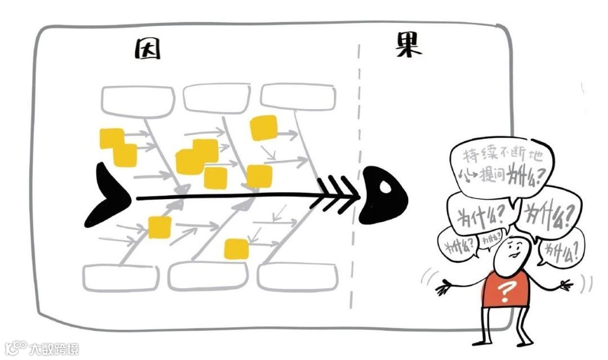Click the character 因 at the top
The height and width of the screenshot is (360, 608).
pyautogui.click(x=147, y=49)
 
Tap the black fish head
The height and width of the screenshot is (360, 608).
pyautogui.click(x=384, y=195)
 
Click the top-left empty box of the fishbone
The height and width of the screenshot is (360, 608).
pyautogui.click(x=138, y=99)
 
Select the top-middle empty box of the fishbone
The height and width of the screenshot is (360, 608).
pyautogui.click(x=217, y=97)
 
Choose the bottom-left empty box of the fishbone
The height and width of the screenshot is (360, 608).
pyautogui.click(x=120, y=278)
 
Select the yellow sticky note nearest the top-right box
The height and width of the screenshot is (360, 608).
pyautogui.click(x=263, y=128)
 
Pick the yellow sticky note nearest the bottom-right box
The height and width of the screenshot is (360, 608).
pyautogui.click(x=236, y=248)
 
